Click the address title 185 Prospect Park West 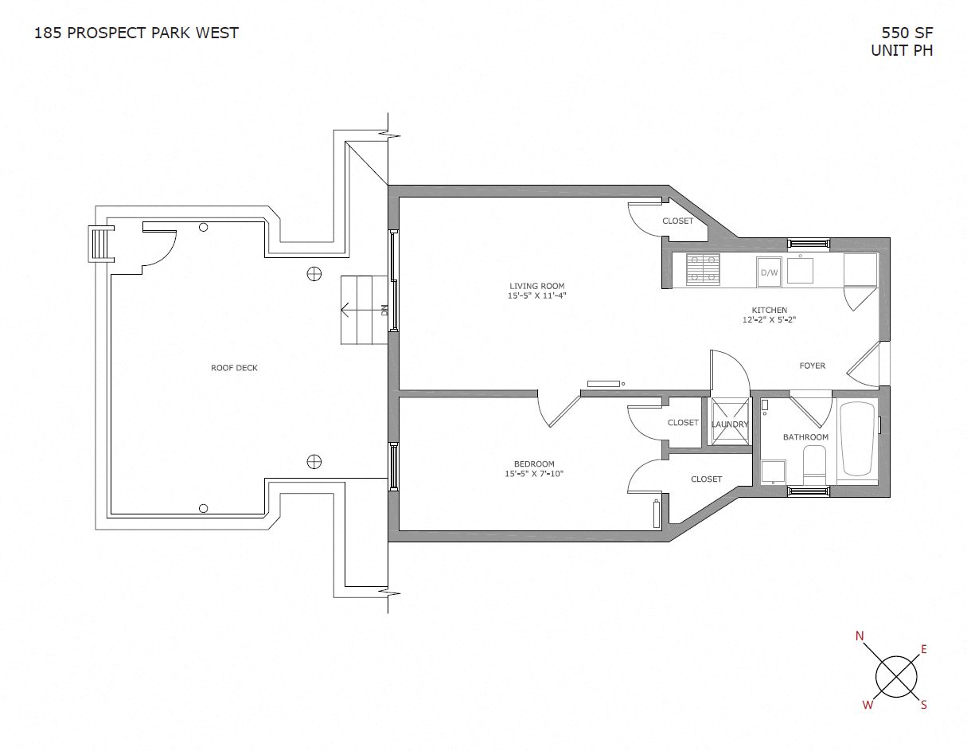[x=136, y=33]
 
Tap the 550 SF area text [x=907, y=33]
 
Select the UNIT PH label [x=902, y=50]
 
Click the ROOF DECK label [x=234, y=368]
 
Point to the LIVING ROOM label [x=536, y=286]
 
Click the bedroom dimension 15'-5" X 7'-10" [x=533, y=474]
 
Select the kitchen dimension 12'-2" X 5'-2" [x=770, y=320]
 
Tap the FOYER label [x=813, y=366]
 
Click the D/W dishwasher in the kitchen [x=769, y=272]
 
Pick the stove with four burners [x=703, y=269]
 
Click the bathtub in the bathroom [x=857, y=439]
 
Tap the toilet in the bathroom [x=815, y=464]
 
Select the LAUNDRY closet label [x=730, y=424]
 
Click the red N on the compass [x=860, y=636]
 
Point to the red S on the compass [x=924, y=704]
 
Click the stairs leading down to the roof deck [x=366, y=310]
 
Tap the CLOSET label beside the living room [x=677, y=221]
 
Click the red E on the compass [x=924, y=649]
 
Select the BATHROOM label [x=805, y=437]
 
